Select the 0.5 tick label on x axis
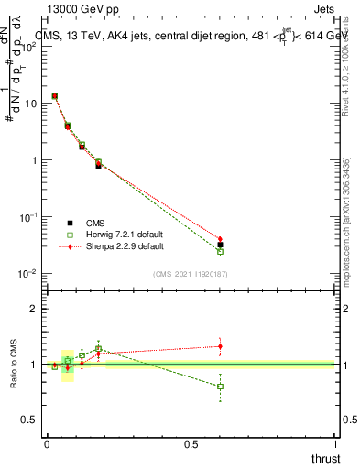point(191,444)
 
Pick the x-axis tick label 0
point(47,444)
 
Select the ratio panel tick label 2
point(33,309)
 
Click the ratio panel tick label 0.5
point(29,420)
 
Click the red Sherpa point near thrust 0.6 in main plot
point(220,239)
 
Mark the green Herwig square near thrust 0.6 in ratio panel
point(220,387)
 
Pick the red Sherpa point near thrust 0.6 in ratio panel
point(220,345)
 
